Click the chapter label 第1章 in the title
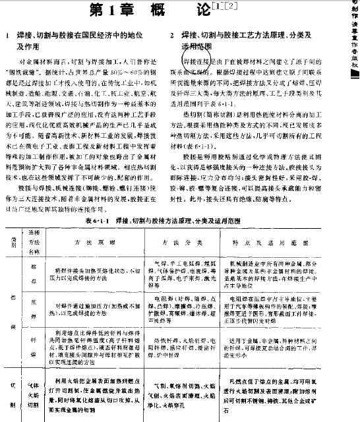[x=106, y=11]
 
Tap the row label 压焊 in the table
[x=32, y=304]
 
